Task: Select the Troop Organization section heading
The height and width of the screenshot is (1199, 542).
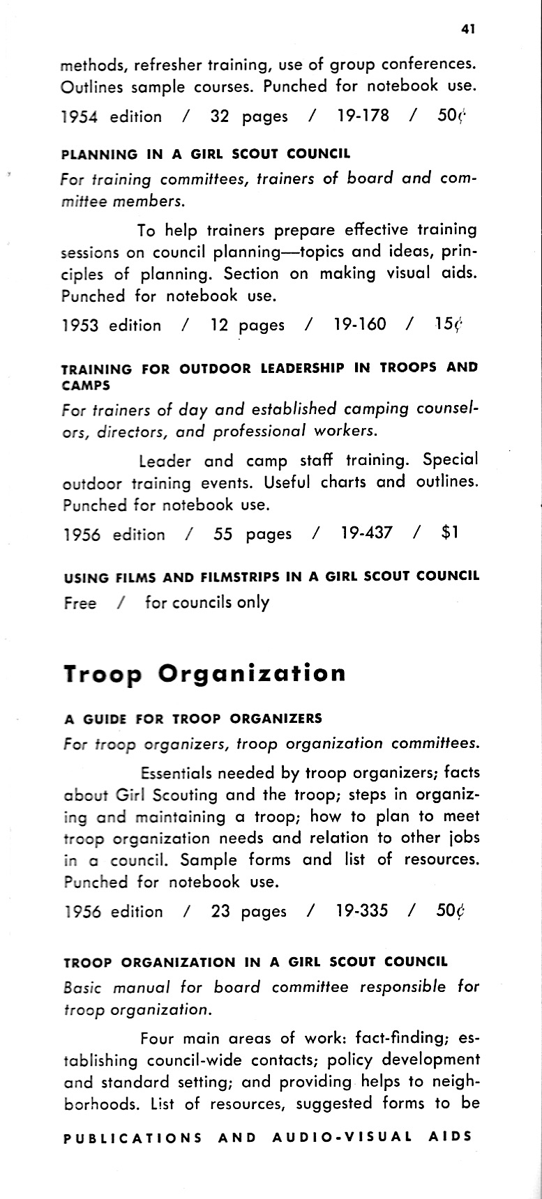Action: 204,673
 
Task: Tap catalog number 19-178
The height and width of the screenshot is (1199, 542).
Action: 363,116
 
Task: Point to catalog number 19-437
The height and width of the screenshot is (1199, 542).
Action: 367,533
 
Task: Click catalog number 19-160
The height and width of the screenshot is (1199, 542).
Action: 360,324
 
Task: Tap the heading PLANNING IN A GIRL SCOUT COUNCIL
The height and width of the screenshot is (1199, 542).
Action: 206,153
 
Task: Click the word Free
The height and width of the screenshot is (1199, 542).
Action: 80,603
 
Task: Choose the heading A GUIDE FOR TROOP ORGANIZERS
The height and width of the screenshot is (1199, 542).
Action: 193,718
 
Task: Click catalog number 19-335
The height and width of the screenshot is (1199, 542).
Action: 362,910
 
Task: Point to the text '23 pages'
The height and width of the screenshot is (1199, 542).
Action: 248,911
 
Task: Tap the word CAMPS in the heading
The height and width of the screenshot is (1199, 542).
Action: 86,384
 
